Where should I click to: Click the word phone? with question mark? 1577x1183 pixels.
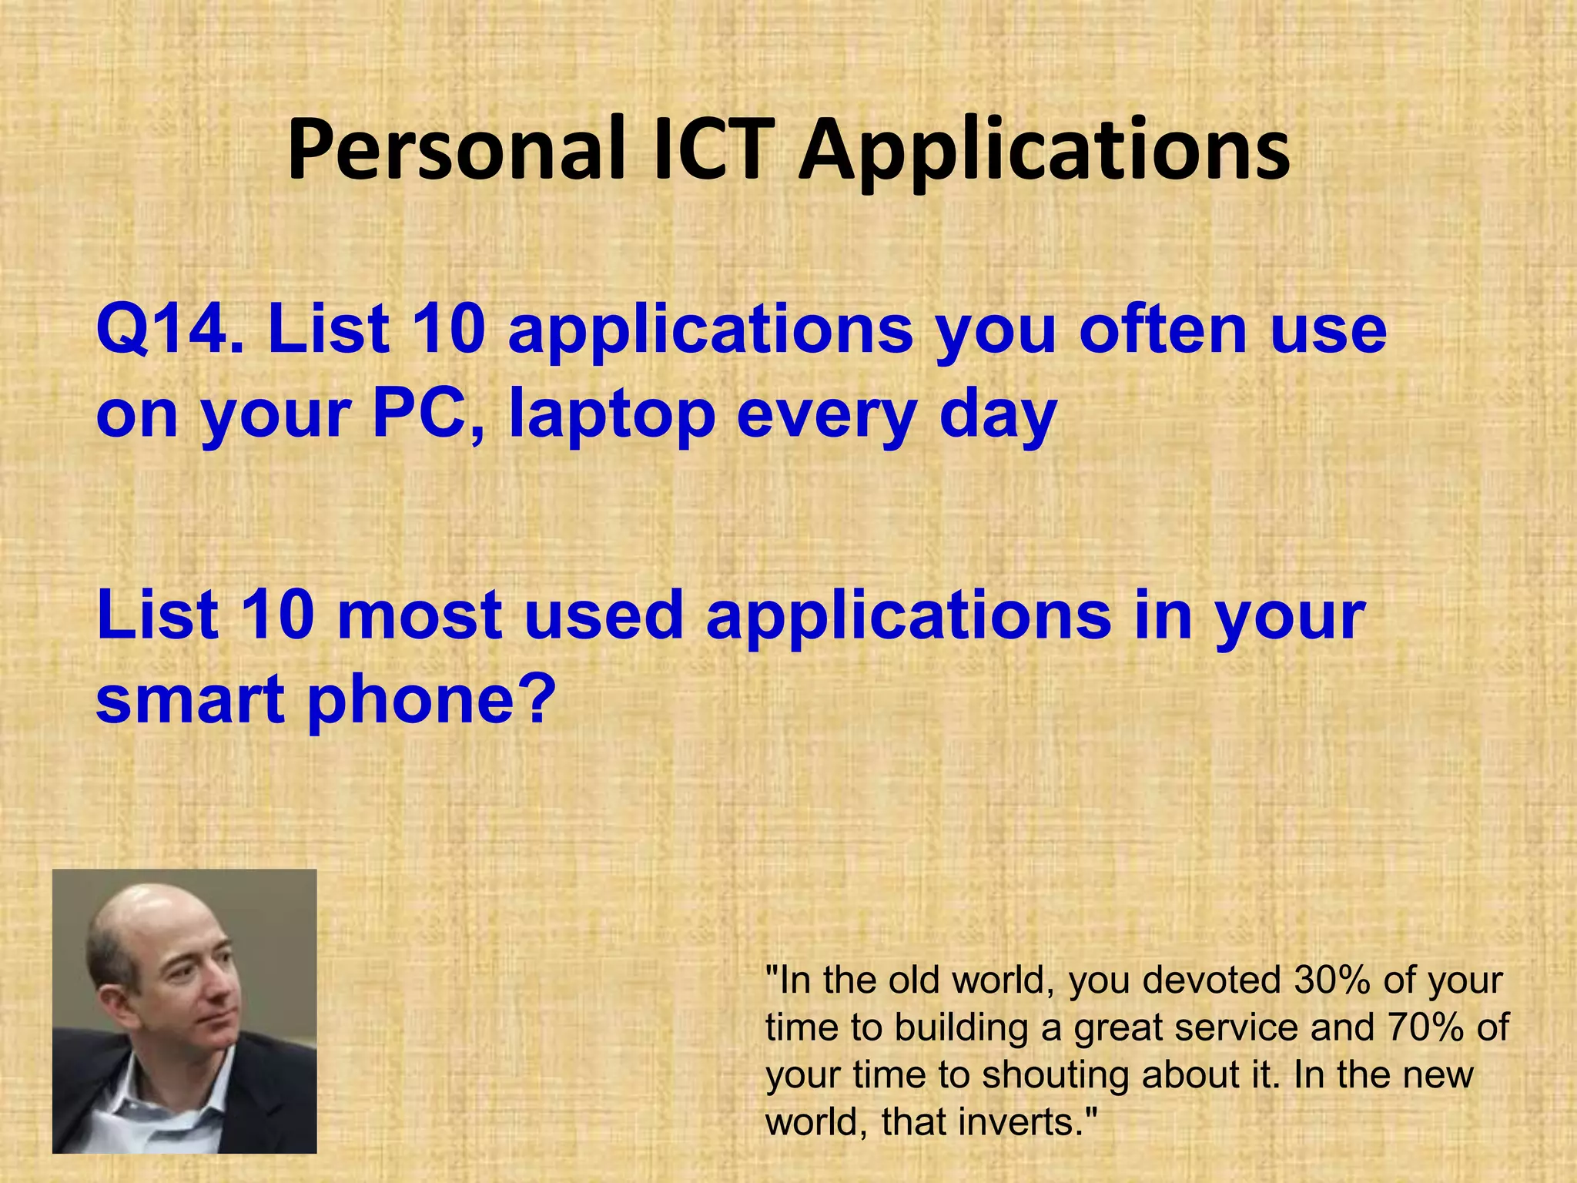(x=432, y=701)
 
